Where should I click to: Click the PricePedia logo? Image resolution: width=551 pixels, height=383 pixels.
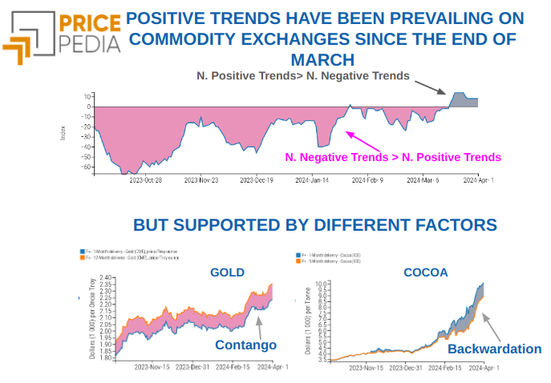pyautogui.click(x=61, y=36)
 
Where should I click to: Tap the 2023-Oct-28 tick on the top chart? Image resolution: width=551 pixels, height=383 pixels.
pyautogui.click(x=146, y=181)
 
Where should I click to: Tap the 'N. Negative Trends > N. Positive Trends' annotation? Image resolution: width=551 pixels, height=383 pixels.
pyautogui.click(x=392, y=157)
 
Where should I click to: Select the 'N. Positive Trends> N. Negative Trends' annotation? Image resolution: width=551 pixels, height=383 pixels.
pyautogui.click(x=303, y=75)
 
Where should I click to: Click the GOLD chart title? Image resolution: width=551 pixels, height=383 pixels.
pyautogui.click(x=227, y=272)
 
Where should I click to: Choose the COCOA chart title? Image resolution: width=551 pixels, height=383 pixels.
pyautogui.click(x=425, y=272)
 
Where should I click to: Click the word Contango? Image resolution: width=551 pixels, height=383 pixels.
pyautogui.click(x=245, y=345)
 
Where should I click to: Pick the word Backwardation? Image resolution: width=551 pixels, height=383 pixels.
pyautogui.click(x=494, y=349)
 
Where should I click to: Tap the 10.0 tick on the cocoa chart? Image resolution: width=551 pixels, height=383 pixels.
pyautogui.click(x=321, y=284)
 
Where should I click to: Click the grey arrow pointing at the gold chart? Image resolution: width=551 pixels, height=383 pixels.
pyautogui.click(x=260, y=325)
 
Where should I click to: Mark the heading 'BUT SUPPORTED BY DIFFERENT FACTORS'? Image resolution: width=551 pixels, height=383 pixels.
pyautogui.click(x=315, y=225)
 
